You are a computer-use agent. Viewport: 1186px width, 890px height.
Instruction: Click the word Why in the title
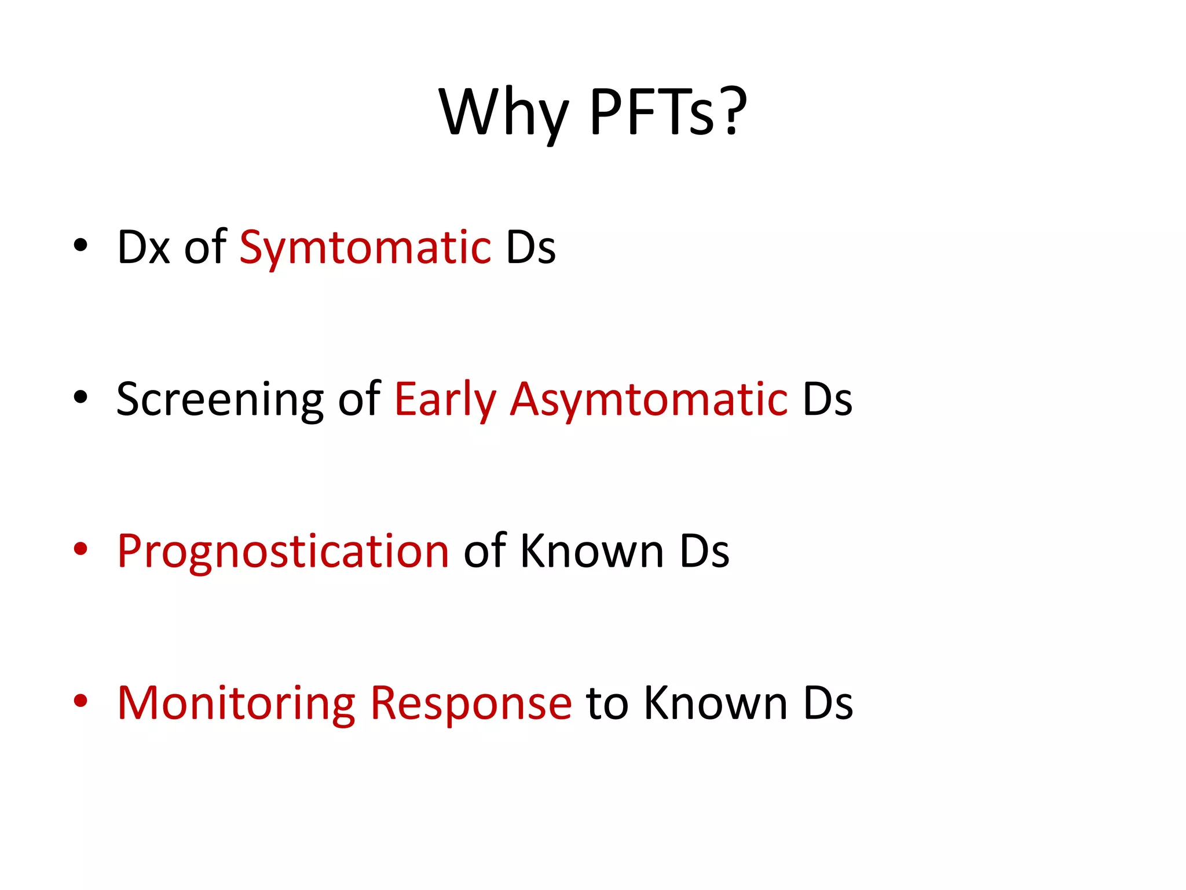click(503, 113)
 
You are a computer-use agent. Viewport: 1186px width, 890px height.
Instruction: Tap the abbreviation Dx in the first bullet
click(144, 247)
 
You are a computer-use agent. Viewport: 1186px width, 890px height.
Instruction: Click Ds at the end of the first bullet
click(530, 247)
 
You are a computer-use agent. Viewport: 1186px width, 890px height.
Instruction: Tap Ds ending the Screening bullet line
click(828, 400)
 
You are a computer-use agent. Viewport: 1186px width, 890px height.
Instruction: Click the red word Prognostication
click(283, 552)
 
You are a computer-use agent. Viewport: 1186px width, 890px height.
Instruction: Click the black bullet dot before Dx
click(80, 245)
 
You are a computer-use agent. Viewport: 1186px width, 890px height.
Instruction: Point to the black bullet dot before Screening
click(80, 397)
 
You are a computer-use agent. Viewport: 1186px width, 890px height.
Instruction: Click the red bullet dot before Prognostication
click(80, 549)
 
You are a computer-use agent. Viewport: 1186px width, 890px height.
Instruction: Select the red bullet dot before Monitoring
click(80, 701)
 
